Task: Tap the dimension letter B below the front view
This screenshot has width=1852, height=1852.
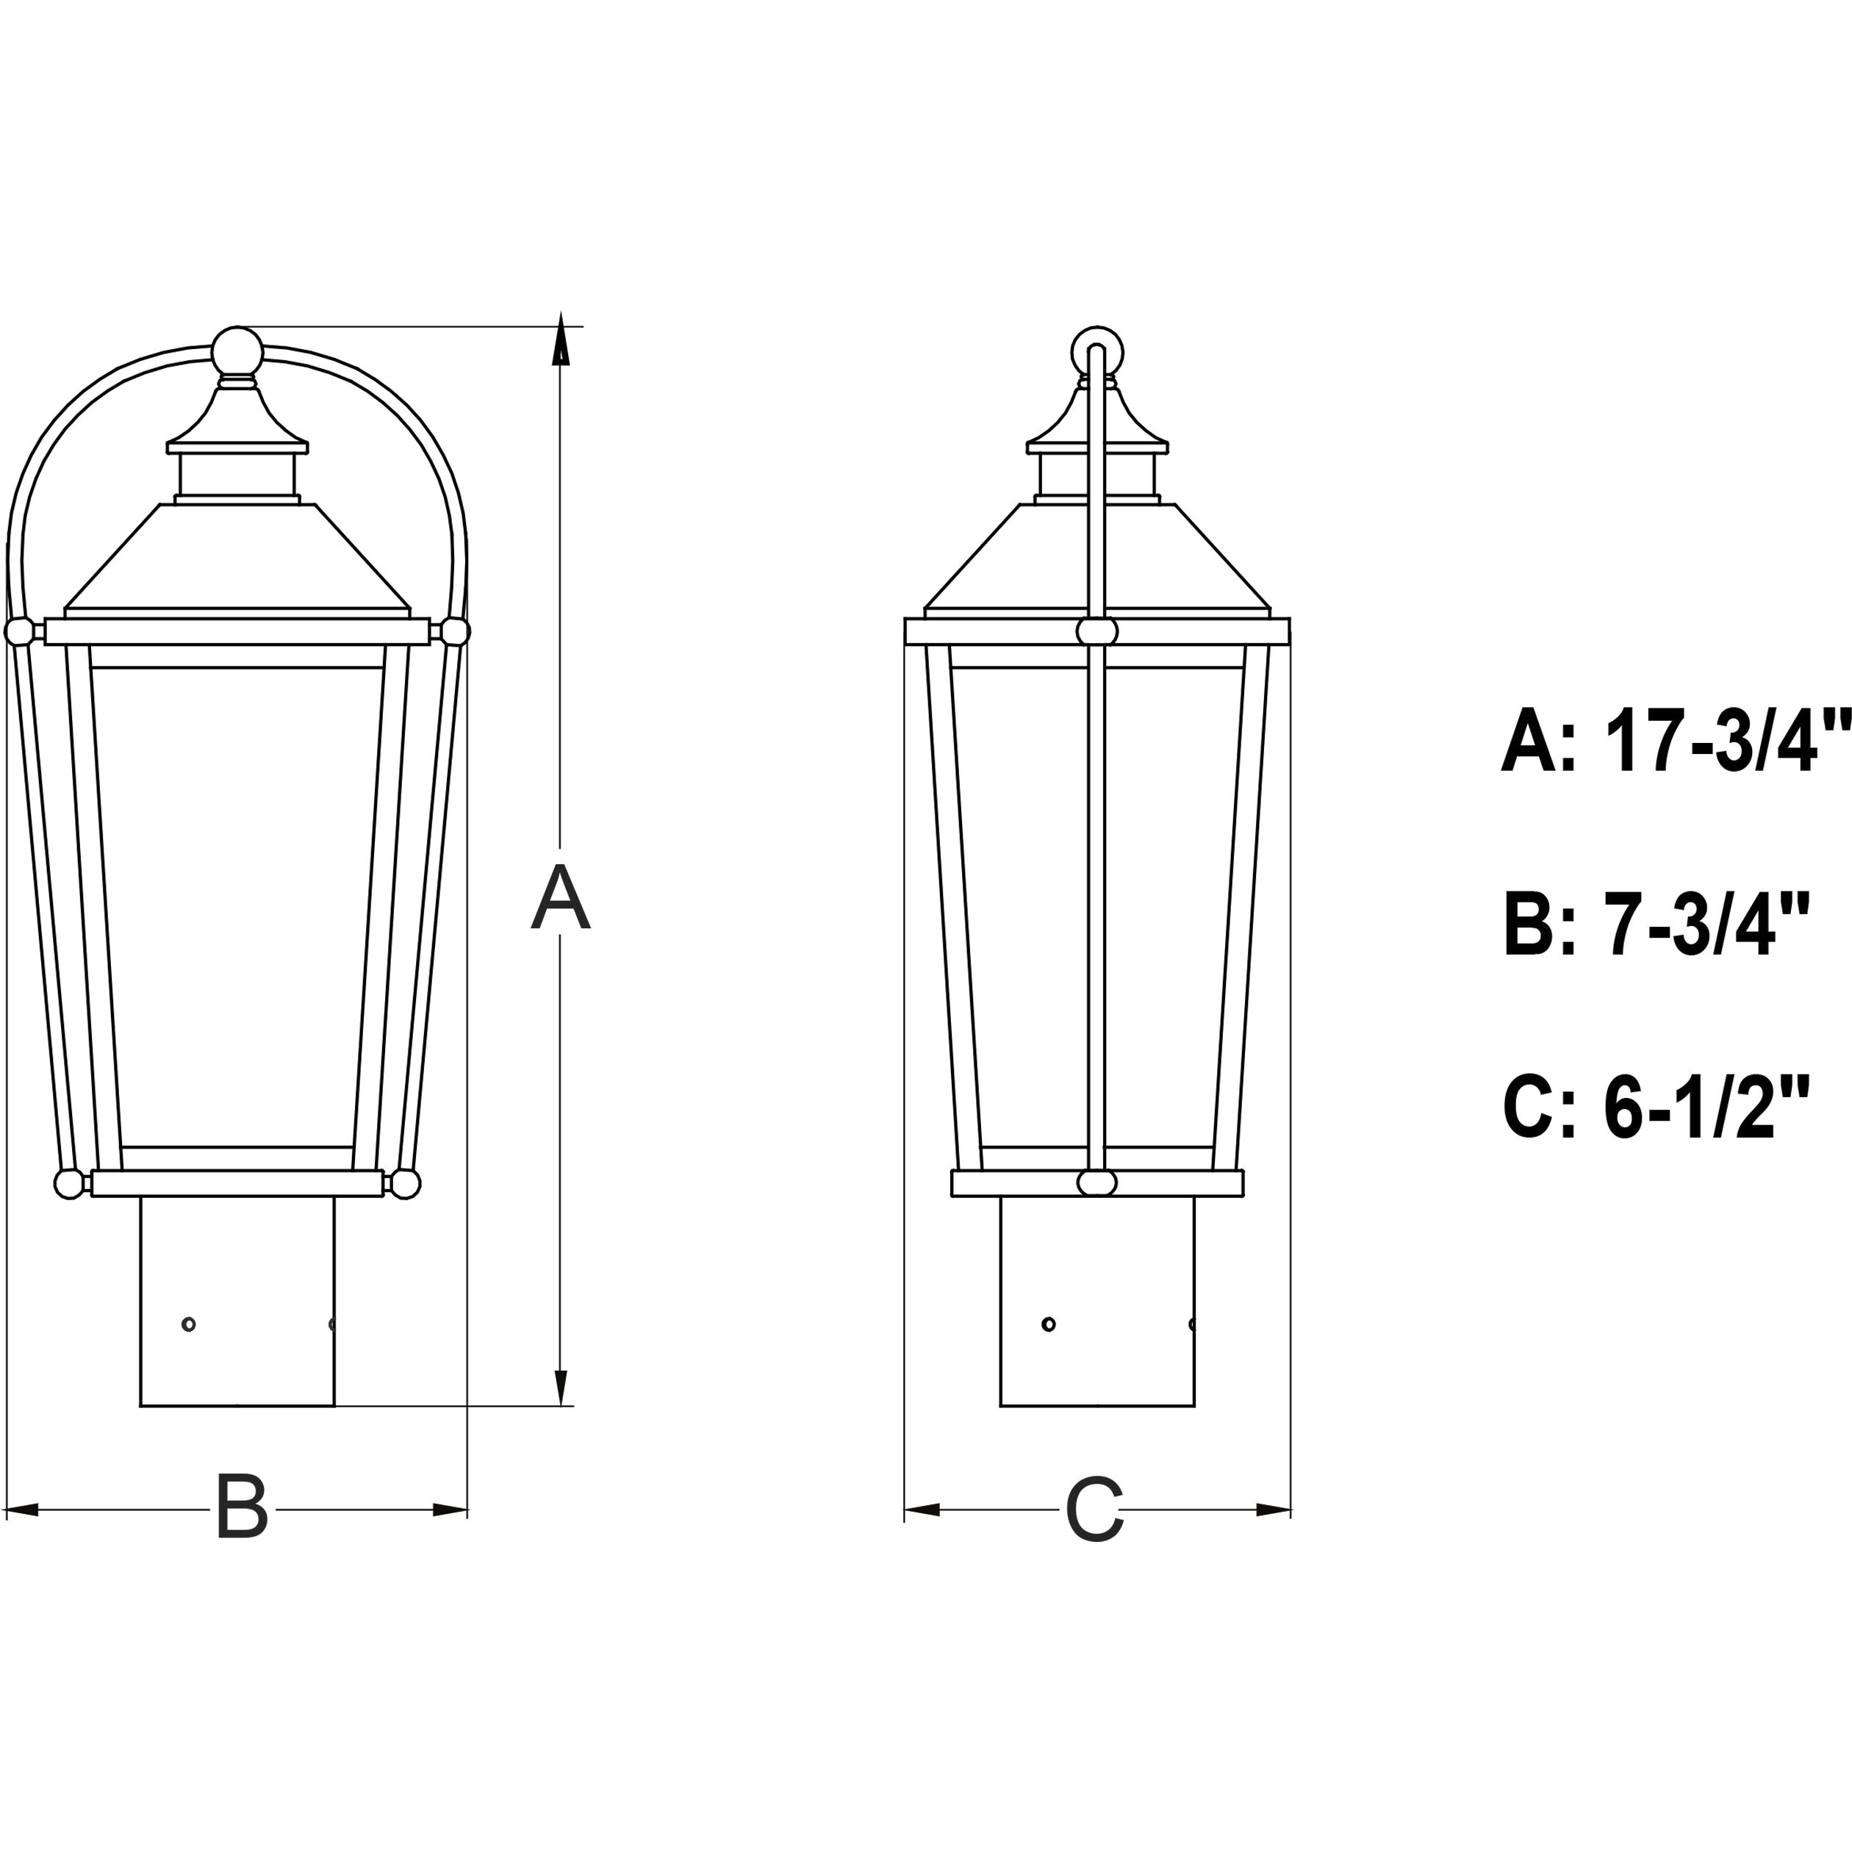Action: pyautogui.click(x=242, y=1508)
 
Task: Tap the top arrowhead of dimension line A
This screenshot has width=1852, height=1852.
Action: pyautogui.click(x=561, y=343)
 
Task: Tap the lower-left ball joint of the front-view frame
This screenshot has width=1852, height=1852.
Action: pyautogui.click(x=68, y=1184)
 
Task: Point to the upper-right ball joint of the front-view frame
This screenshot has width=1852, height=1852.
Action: pyautogui.click(x=454, y=632)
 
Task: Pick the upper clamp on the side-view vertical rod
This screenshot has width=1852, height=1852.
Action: pyautogui.click(x=1097, y=632)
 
